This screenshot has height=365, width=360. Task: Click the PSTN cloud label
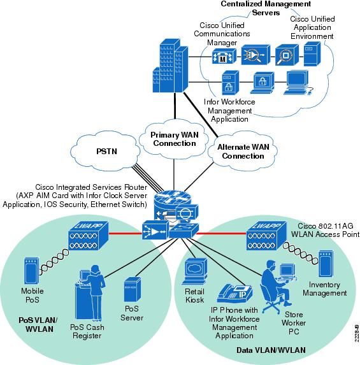click(106, 152)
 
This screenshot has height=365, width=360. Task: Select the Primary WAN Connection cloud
click(174, 140)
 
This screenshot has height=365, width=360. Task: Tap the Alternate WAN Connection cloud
click(243, 151)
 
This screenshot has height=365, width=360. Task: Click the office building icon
click(170, 66)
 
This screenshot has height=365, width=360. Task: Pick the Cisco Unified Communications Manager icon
click(224, 56)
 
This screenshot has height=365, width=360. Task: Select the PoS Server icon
click(133, 290)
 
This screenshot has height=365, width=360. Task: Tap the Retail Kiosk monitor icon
click(194, 271)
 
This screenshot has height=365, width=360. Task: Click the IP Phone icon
click(234, 293)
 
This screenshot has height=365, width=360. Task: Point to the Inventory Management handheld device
click(326, 264)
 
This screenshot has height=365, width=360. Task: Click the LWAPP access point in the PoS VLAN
click(89, 235)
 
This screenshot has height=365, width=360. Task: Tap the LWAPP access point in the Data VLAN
click(266, 235)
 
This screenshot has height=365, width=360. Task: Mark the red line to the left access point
click(126, 233)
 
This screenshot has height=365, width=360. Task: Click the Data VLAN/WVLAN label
click(271, 350)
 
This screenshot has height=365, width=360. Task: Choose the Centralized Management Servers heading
click(266, 8)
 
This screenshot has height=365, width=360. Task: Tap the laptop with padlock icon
click(263, 83)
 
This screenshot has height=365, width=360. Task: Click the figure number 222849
click(357, 333)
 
